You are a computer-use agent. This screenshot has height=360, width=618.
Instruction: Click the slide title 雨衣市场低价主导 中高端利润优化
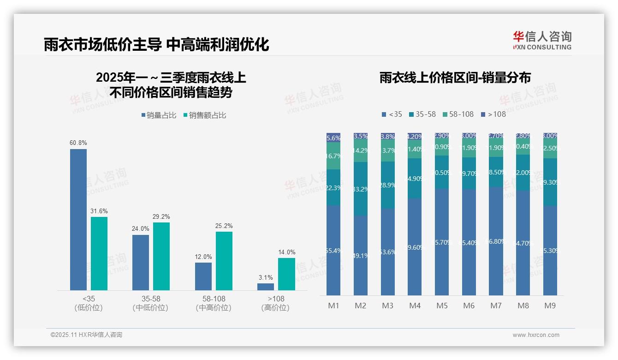[156, 44]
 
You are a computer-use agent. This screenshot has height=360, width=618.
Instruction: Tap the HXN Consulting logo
[542, 41]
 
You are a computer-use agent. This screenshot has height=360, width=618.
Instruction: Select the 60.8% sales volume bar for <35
[78, 219]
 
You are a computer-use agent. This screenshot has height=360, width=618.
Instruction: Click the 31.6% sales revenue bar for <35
[99, 253]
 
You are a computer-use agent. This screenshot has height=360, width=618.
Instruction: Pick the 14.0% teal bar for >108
[286, 274]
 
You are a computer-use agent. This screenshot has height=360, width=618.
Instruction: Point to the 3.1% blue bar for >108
[266, 287]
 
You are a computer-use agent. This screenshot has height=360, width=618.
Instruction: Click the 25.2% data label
[224, 226]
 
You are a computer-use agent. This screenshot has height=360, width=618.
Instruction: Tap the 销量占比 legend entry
[158, 115]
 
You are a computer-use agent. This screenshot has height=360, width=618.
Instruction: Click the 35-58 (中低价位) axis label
[150, 303]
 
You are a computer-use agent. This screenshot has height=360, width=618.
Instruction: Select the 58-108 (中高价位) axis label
[214, 303]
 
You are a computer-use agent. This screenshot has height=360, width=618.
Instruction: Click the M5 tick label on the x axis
[442, 306]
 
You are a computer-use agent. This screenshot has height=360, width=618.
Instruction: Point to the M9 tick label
[550, 306]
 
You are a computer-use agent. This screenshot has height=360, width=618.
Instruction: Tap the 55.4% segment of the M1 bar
[333, 250]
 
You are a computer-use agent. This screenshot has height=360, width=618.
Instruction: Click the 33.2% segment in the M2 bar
[361, 189]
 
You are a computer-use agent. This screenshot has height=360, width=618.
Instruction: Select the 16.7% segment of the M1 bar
[333, 156]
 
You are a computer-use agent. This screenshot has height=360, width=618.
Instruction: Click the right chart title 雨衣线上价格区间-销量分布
[455, 78]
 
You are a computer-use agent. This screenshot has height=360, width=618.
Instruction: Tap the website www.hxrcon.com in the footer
[536, 335]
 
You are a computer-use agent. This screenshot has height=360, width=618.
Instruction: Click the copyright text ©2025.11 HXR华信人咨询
[86, 335]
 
